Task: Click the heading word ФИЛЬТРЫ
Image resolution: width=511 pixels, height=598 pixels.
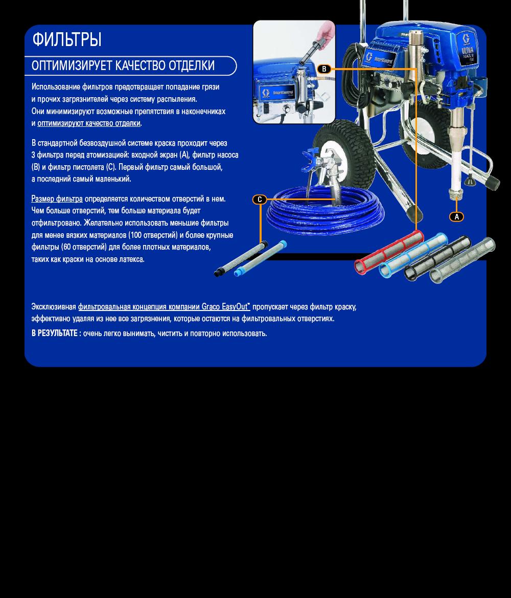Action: (x=67, y=39)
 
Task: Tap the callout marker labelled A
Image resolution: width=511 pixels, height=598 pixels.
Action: (x=456, y=216)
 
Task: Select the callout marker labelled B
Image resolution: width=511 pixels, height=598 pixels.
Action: (x=324, y=69)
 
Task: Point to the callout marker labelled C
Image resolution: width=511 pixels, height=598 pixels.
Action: (x=260, y=199)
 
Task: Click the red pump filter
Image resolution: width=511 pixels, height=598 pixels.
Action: (x=389, y=252)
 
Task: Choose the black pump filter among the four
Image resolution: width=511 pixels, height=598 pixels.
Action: (x=437, y=258)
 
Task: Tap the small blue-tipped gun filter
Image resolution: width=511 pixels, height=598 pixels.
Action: (x=260, y=258)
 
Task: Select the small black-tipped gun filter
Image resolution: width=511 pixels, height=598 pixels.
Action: (x=241, y=258)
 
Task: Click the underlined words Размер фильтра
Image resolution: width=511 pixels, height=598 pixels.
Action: (x=57, y=198)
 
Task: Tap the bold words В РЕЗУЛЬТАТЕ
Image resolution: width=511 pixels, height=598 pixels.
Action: (x=55, y=333)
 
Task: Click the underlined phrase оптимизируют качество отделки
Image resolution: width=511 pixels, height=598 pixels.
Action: (x=89, y=123)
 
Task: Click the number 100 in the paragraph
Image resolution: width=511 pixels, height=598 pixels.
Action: (x=135, y=235)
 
